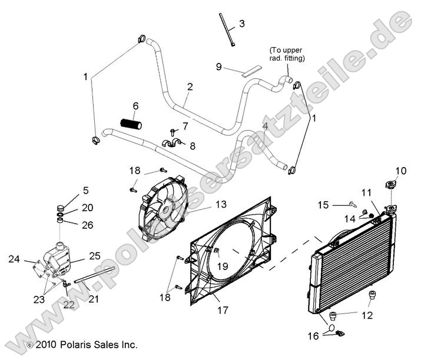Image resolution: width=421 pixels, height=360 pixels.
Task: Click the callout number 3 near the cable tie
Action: coord(241,24)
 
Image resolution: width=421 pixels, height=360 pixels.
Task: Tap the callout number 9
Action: coord(219,67)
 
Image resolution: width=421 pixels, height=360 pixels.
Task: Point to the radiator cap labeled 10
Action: coord(389,185)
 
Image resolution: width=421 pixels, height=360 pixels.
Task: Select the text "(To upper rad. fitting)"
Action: coord(287,54)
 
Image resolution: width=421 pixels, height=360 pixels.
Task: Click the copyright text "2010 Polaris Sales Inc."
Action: coord(86,344)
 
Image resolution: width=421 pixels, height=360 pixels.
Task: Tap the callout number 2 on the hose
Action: coord(190,86)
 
